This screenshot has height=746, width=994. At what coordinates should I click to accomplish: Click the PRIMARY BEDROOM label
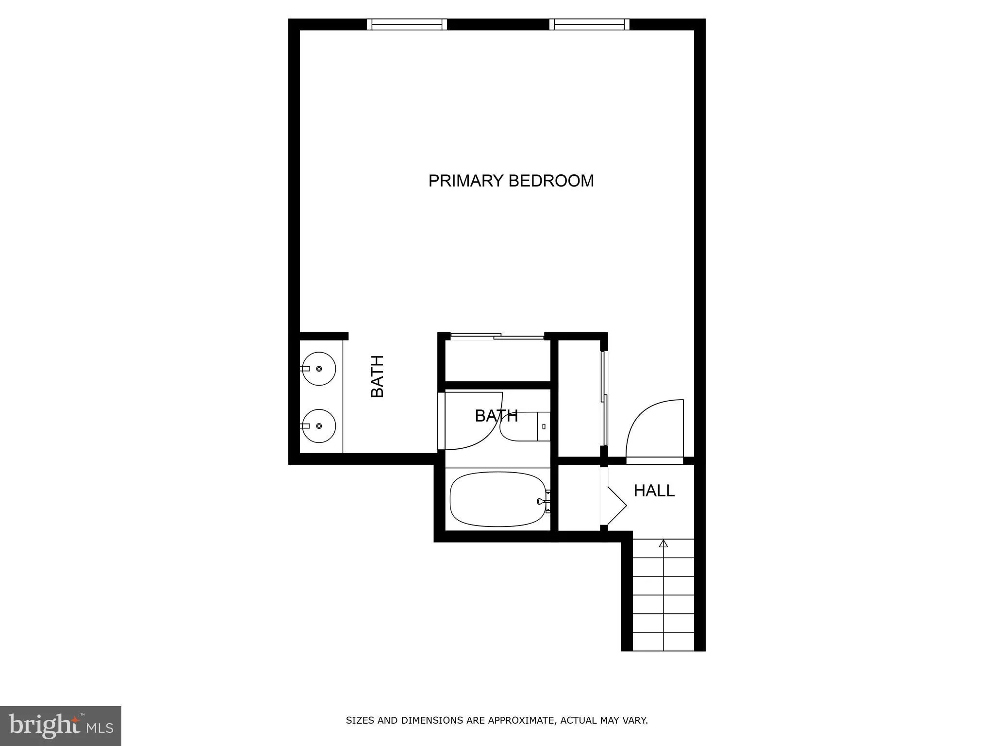point(511,181)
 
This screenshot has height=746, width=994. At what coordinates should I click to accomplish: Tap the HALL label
point(654,491)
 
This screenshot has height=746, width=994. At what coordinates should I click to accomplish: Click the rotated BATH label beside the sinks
point(377,376)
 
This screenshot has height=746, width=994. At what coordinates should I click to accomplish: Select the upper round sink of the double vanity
point(318,369)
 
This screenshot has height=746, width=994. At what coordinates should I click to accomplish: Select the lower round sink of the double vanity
point(318,426)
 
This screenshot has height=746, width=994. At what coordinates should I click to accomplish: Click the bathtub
point(497,499)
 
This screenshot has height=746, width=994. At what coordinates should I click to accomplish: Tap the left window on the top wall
point(407,24)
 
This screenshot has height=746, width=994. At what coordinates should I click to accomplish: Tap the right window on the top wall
point(589,24)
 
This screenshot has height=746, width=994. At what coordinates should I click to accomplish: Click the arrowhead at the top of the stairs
point(663,543)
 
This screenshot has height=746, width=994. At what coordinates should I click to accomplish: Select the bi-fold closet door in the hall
point(614,505)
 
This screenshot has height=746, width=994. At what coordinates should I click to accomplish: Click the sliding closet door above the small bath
point(497,336)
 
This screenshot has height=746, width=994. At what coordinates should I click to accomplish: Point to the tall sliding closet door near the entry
point(604,398)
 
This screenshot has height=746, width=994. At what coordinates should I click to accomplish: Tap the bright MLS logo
point(60,726)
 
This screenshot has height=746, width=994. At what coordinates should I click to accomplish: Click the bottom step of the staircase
point(663,642)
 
